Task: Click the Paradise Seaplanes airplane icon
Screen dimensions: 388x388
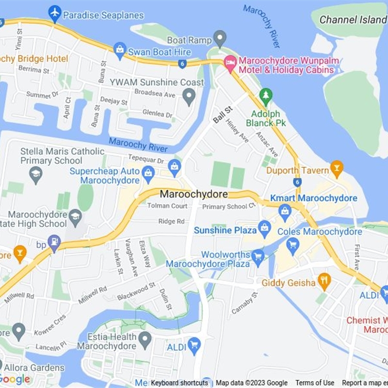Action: coord(55,14)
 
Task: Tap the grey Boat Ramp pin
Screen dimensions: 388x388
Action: coord(220,38)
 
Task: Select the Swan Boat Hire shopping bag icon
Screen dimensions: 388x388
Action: coord(120,48)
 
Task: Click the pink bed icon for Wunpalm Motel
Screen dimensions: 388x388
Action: coord(229,63)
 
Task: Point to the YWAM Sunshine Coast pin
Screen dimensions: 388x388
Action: coord(189,96)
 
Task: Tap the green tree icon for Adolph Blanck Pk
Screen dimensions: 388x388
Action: coord(265,96)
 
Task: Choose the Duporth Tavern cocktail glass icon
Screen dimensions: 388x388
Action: coord(336,168)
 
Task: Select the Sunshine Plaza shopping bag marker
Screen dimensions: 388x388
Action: coord(264,228)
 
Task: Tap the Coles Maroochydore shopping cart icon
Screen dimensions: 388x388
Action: coord(292,245)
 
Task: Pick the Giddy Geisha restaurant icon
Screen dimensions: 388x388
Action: coord(324,280)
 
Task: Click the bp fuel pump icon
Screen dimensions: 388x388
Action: coord(54,242)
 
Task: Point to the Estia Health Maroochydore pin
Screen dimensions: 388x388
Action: coord(145,339)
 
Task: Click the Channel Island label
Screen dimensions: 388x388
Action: coord(354,20)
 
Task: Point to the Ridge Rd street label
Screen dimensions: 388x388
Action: coord(171,221)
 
